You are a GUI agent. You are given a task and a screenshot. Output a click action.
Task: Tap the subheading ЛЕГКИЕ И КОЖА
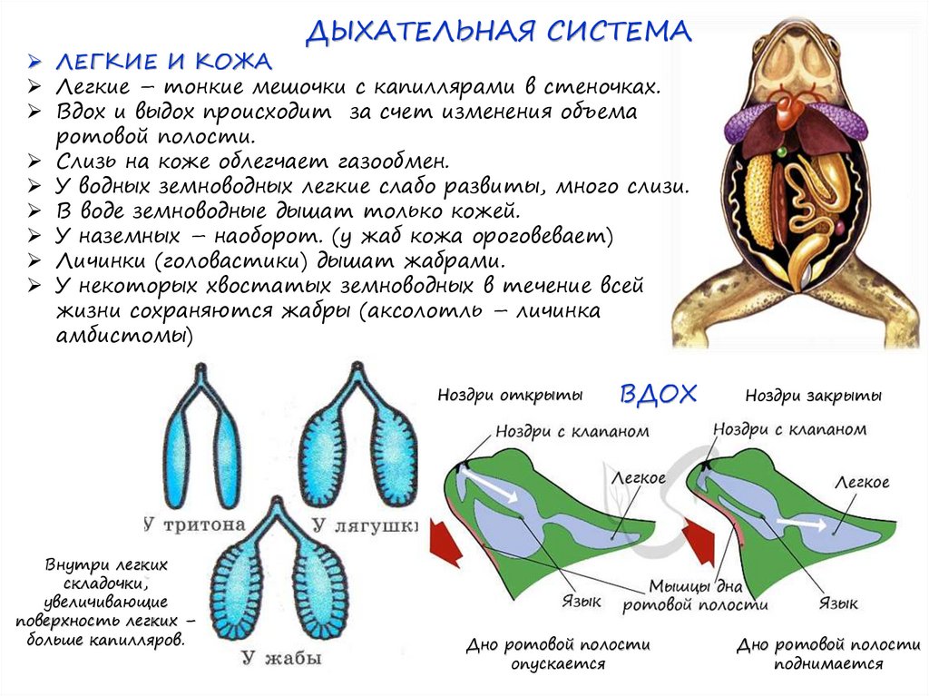click(x=163, y=63)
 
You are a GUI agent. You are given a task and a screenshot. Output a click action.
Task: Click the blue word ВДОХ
click(x=659, y=394)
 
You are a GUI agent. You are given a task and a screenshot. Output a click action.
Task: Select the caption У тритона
click(x=194, y=524)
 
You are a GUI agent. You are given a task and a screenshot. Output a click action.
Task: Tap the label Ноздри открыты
click(x=509, y=396)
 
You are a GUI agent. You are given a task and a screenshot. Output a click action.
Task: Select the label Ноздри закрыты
click(x=813, y=396)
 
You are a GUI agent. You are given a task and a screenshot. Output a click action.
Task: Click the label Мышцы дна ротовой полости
click(x=696, y=595)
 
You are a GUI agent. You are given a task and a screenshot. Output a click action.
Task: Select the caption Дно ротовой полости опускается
click(x=558, y=653)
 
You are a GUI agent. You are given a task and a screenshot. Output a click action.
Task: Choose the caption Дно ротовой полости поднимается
click(x=828, y=653)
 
